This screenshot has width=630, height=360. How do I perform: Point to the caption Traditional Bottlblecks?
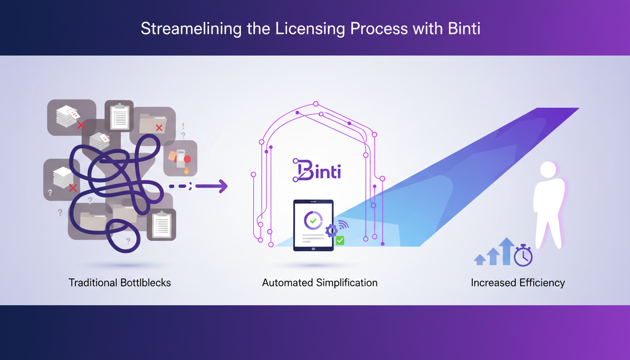coord(120,283)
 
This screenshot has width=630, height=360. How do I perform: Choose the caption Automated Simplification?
coord(320,283)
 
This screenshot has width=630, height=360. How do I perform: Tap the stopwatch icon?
coord(523,255)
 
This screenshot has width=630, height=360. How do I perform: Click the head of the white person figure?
coord(548,170)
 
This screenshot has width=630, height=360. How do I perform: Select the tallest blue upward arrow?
coord(507,251)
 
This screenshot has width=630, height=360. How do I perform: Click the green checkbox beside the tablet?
coord(340,240)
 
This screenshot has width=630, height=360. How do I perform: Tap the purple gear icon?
coord(331,230)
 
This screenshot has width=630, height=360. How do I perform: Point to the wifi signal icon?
coord(343,225)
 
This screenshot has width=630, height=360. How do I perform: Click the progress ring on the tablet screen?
coord(313,220)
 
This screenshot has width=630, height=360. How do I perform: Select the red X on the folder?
coord(159,127)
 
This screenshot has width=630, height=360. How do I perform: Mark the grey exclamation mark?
coord(183,126)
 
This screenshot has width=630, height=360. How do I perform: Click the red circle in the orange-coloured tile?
coord(187,159)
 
